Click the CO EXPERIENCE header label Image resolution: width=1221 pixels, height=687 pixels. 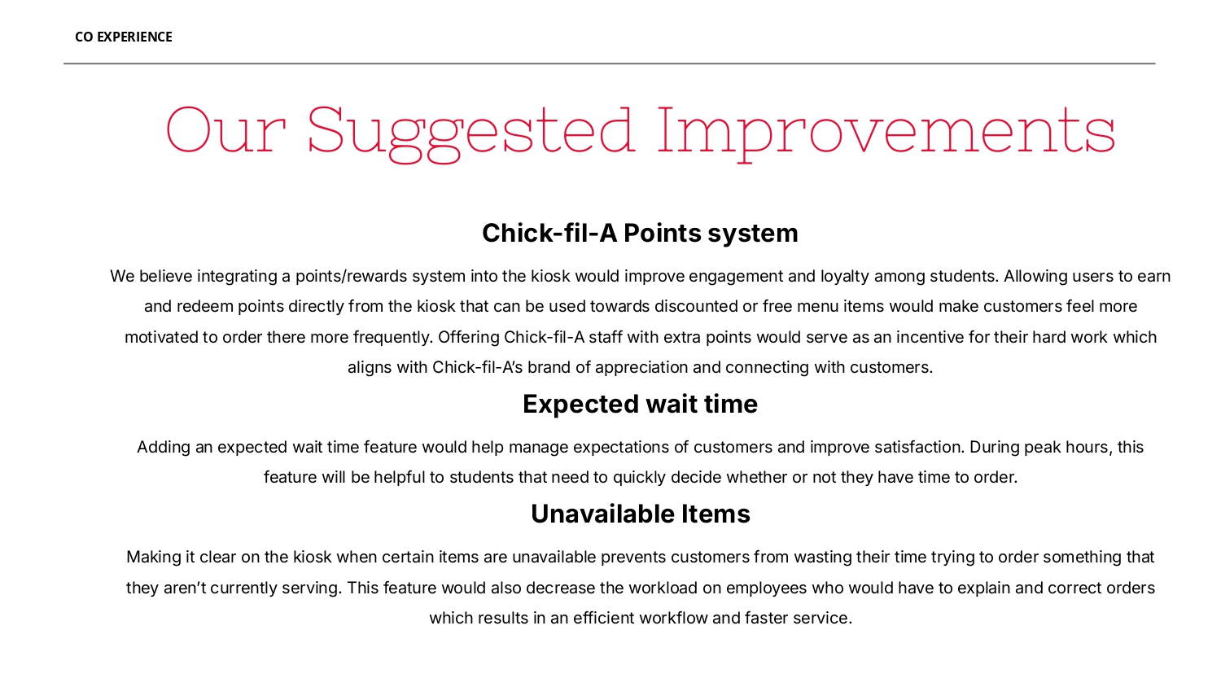pyautogui.click(x=124, y=37)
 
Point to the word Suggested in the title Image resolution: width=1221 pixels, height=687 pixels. pyautogui.click(x=470, y=132)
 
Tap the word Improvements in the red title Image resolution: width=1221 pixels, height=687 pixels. pyautogui.click(x=886, y=132)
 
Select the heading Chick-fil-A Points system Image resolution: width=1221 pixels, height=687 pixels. pyautogui.click(x=640, y=233)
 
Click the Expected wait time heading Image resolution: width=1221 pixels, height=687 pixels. pyautogui.click(x=640, y=404)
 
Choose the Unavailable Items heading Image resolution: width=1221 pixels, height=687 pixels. pyautogui.click(x=640, y=514)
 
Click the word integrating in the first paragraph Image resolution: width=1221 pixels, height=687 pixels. pyautogui.click(x=237, y=276)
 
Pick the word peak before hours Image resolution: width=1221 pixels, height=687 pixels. pyautogui.click(x=1042, y=447)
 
